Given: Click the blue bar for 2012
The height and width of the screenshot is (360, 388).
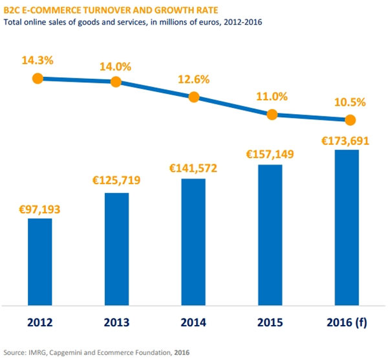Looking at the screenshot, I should coord(39,261).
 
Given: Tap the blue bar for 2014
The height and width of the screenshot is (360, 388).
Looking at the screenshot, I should coord(193,241).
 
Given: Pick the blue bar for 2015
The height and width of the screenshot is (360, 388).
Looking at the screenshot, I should coord(270,234).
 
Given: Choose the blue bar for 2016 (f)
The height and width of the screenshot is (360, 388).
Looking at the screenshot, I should coord(347,227).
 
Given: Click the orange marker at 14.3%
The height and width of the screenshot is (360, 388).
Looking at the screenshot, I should coord(38,78).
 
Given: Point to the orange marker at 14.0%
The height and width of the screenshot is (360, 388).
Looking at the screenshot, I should coord(116,82).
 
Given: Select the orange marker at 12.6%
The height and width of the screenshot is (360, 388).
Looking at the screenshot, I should coord(193,97).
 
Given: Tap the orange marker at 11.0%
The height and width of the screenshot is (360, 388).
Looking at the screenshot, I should coord(272,115).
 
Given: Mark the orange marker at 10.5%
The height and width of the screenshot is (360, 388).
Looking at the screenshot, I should coord(350,120).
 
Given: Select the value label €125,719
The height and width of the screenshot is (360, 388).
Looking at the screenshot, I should coord(117,180).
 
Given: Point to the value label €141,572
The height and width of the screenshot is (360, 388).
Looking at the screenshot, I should coord(193,168).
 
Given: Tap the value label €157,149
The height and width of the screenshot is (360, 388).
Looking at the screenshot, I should coord(270,155).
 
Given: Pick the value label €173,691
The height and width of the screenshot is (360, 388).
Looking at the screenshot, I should coord(347,140).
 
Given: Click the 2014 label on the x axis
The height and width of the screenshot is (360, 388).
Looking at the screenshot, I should coord(193,322).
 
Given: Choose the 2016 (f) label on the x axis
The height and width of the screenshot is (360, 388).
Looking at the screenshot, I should coord(347,322).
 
